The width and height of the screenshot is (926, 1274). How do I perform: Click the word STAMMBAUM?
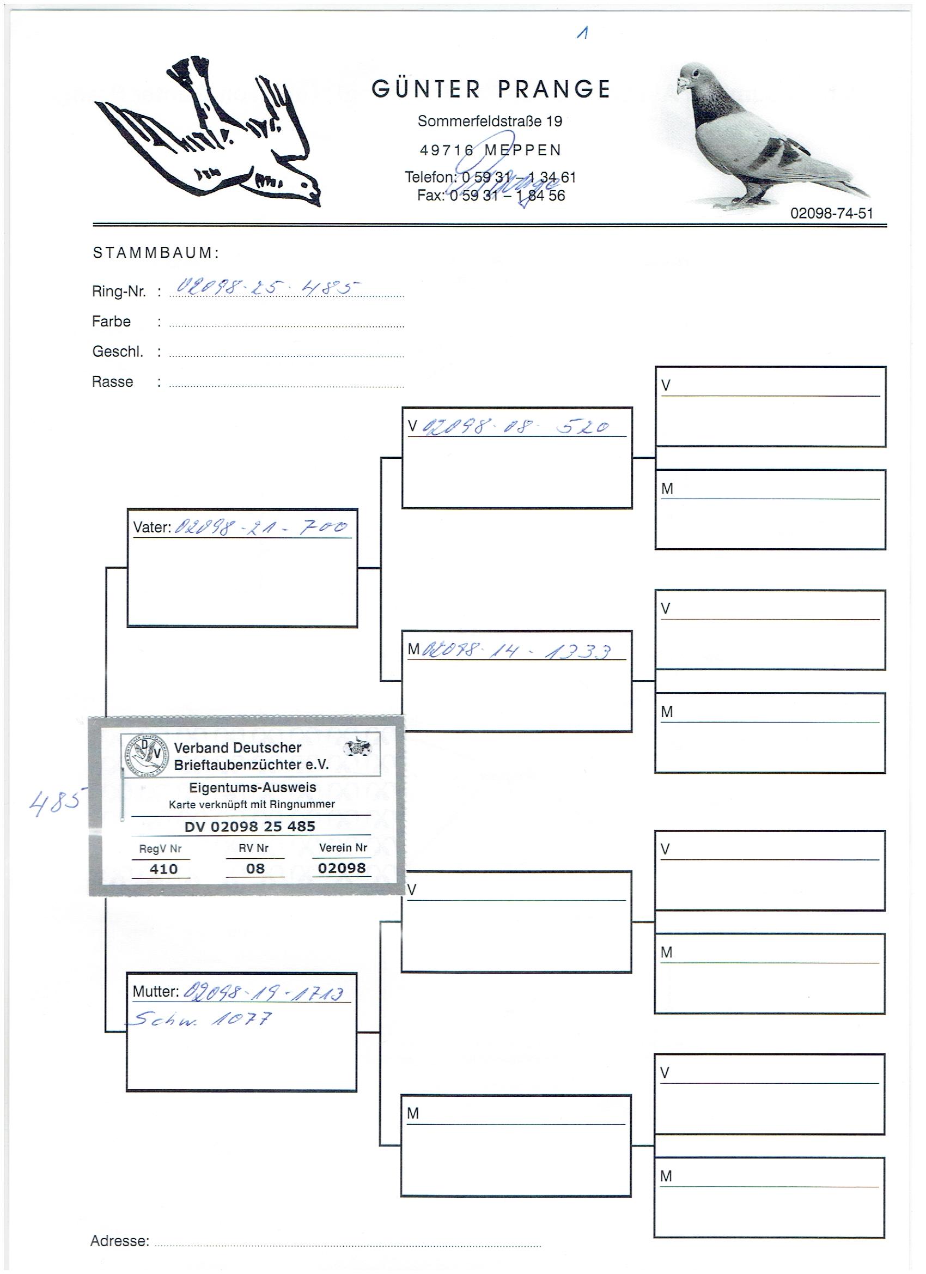click(155, 253)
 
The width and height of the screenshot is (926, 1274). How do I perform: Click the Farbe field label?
click(111, 322)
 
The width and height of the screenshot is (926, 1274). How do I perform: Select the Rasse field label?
click(112, 382)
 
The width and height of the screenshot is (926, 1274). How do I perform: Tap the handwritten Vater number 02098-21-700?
click(261, 527)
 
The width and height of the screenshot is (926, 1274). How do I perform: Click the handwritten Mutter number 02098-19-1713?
click(264, 993)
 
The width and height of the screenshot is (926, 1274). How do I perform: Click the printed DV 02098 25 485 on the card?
click(249, 826)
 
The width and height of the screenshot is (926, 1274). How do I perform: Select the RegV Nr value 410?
click(163, 869)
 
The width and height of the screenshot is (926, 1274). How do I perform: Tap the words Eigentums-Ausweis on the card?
click(252, 787)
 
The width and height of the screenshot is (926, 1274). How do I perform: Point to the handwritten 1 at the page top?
click(583, 34)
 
